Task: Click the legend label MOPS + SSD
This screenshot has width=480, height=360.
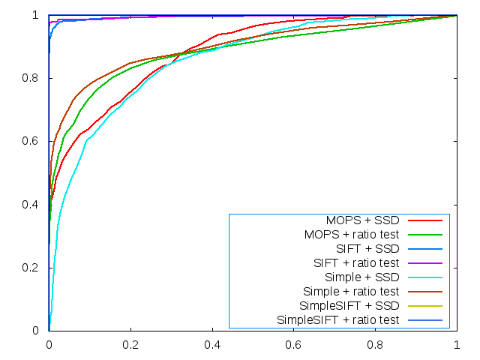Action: pos(362,220)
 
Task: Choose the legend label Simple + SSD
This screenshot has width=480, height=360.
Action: pos(359,277)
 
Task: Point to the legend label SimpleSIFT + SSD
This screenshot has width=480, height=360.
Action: pos(349,306)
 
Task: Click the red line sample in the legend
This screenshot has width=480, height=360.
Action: pos(424,220)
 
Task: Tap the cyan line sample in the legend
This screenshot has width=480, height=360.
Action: pos(424,277)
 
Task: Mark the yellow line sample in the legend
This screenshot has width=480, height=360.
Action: pos(424,306)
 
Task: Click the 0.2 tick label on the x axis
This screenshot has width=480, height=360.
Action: pos(130,346)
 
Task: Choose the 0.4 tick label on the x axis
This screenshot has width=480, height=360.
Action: pos(212,346)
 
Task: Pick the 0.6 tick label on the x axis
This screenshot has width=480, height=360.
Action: pos(294,346)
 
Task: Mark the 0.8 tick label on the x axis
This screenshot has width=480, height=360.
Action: pos(376,346)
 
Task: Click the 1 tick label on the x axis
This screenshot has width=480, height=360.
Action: pos(457,346)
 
